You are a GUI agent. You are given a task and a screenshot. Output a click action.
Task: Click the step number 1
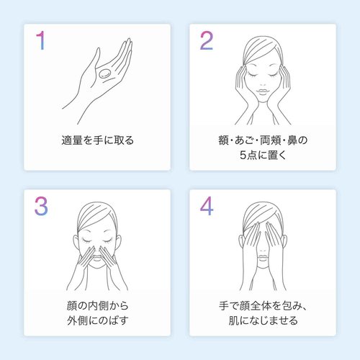click(x=41, y=40)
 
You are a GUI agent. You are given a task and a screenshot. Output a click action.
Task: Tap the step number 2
click(x=207, y=40)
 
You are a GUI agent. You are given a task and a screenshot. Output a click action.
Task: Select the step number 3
click(x=41, y=206)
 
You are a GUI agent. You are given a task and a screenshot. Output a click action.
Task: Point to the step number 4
click(x=207, y=206)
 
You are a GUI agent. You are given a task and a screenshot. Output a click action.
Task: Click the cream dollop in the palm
click(x=105, y=74)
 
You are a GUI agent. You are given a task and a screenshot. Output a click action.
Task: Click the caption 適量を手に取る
click(x=97, y=140)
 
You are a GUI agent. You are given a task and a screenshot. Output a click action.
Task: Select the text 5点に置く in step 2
click(x=263, y=155)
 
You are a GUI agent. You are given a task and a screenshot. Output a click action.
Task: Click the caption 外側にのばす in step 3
click(x=97, y=320)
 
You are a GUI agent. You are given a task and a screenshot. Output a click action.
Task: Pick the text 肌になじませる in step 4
click(x=263, y=320)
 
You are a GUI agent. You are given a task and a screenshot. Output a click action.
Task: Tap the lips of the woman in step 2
click(x=263, y=91)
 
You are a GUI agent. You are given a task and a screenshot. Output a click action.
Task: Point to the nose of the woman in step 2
click(x=263, y=83)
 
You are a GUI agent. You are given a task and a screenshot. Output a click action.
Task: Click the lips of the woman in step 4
click(x=263, y=257)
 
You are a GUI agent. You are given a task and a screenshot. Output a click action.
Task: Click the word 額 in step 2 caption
click(x=223, y=140)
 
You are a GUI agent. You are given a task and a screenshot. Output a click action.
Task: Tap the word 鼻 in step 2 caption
click(x=292, y=140)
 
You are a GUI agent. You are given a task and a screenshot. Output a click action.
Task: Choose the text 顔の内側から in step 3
click(x=97, y=306)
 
